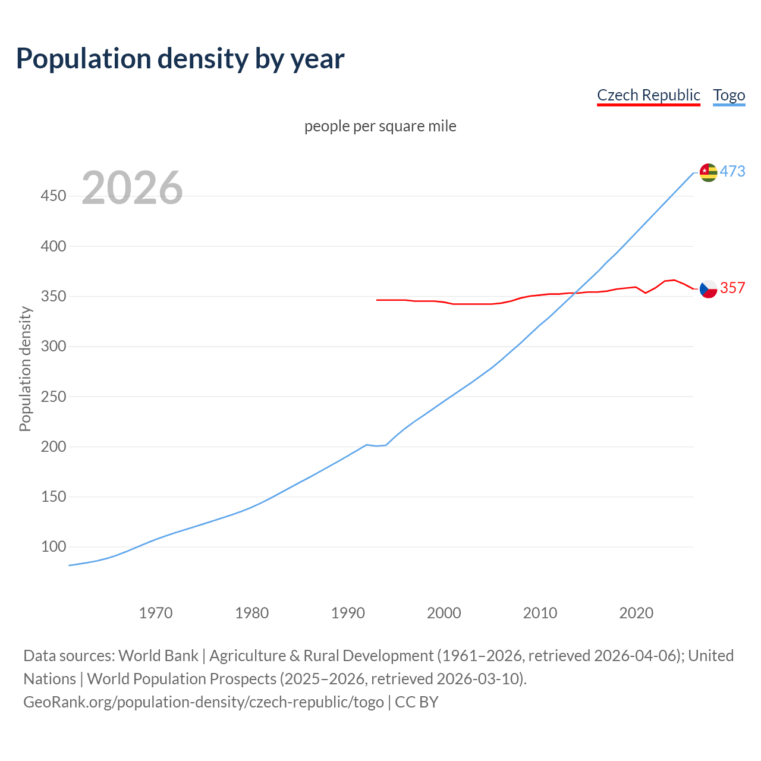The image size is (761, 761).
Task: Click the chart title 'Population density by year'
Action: click(180, 58)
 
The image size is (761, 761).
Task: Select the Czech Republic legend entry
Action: click(648, 95)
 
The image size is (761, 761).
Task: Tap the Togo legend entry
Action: click(729, 95)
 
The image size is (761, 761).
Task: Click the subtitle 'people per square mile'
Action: click(380, 126)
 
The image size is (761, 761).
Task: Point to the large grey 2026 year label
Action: click(132, 188)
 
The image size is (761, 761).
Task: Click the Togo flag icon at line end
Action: click(708, 172)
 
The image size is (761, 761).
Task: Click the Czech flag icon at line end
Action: click(708, 289)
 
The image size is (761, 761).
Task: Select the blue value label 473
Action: click(732, 172)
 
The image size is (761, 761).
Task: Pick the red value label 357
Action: click(732, 288)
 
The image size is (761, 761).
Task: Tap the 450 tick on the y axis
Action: click(53, 196)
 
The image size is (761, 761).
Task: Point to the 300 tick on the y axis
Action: click(53, 346)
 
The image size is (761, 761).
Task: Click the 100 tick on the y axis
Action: click(53, 546)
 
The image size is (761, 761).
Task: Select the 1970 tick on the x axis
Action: click(156, 613)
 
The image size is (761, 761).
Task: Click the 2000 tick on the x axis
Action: click(444, 613)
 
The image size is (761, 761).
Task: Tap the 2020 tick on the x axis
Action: click(636, 613)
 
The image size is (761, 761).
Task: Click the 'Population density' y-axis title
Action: click(25, 369)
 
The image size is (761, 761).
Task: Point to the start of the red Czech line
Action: click(377, 300)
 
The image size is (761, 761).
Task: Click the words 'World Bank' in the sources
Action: click(158, 656)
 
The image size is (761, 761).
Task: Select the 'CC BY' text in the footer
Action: click(417, 702)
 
